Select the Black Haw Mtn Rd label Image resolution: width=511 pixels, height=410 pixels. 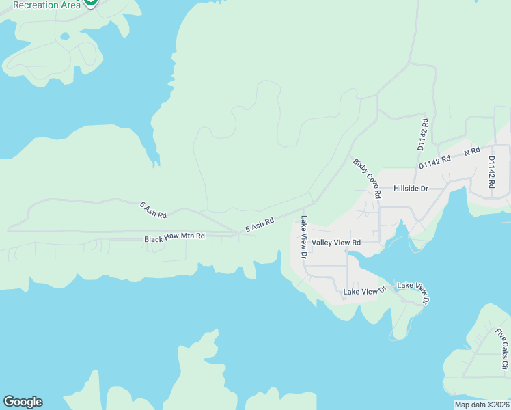pos(174,238)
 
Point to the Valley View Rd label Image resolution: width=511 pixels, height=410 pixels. pos(335,243)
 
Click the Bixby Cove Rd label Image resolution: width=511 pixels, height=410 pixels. pos(367,178)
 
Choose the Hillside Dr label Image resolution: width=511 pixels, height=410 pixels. pos(410,188)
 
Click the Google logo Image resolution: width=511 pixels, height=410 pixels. pos(23,402)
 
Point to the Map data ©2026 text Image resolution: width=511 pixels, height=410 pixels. pos(482,404)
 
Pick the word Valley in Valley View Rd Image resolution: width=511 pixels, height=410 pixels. pos(322,243)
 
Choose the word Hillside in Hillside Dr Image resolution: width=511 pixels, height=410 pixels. pos(405,188)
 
